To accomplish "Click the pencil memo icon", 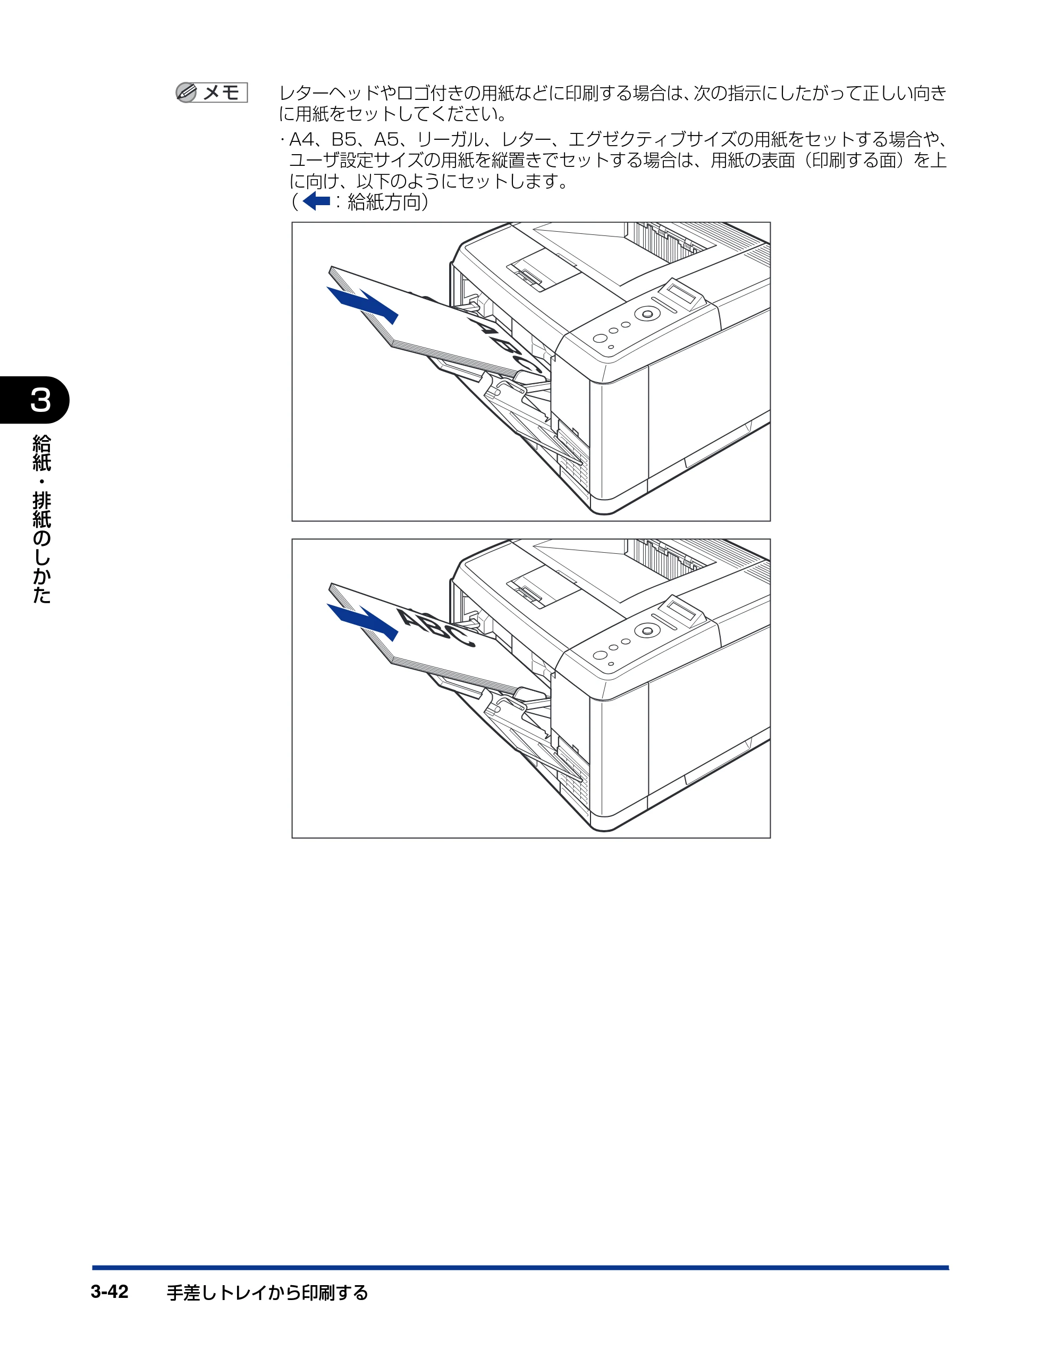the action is point(186,92).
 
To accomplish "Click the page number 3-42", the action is point(109,1292).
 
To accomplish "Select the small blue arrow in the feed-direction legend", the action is point(316,201).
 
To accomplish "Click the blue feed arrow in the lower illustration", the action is point(362,621).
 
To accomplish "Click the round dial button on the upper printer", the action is point(647,314).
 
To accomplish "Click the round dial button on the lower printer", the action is point(647,630).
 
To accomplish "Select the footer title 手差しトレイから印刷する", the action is point(267,1293).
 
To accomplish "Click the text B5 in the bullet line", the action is point(345,139).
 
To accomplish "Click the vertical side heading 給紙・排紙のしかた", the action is point(41,519).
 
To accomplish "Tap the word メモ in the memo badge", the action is point(221,92).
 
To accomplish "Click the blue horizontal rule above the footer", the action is point(520,1268).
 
